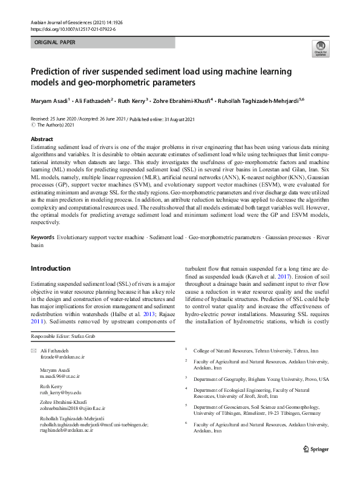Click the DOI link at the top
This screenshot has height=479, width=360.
coord(72,29)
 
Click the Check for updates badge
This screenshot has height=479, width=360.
coord(320,50)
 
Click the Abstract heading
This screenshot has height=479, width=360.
coord(42,139)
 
